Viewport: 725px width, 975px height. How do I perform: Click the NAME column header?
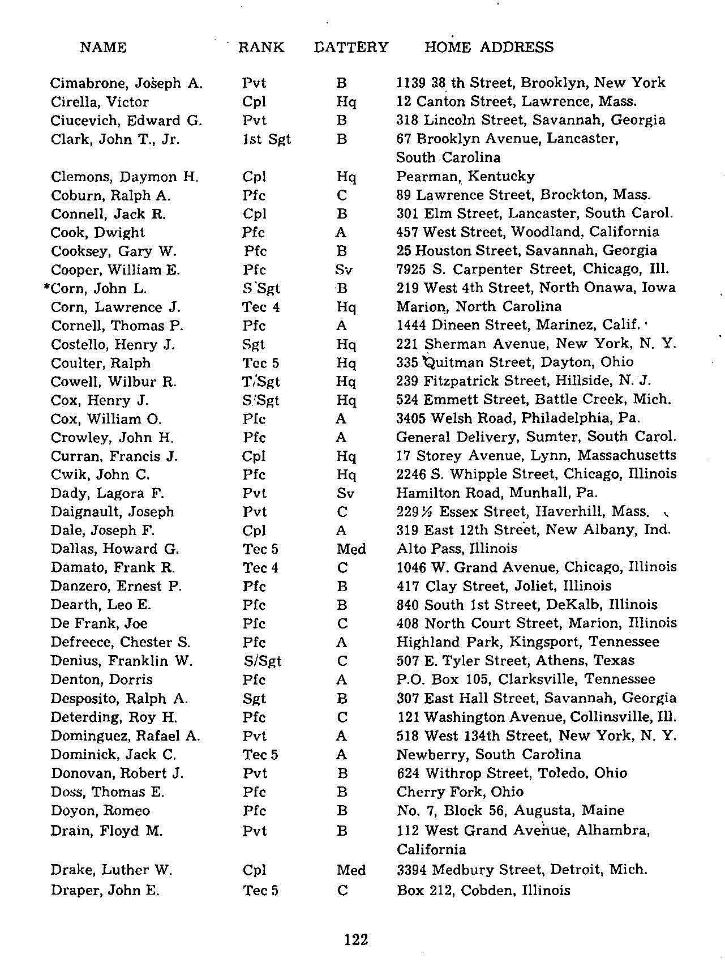103,47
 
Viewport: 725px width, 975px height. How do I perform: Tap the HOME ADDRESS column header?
488,47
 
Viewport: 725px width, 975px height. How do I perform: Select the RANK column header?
261,47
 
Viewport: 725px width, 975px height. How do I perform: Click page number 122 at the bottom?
356,939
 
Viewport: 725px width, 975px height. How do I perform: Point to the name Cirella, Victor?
100,102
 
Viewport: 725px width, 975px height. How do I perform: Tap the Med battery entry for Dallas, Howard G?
351,549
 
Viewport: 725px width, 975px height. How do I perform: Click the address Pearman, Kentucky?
465,177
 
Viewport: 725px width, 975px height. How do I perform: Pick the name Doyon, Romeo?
100,811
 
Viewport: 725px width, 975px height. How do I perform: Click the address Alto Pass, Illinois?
457,549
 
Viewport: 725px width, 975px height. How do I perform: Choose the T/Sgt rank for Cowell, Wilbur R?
261,382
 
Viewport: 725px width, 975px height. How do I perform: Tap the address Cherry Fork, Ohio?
460,792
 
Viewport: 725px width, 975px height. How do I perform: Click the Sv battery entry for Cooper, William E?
344,270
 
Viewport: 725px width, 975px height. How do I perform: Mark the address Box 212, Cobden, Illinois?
483,890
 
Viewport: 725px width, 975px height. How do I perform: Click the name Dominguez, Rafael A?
125,736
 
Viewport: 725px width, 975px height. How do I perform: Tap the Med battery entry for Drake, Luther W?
351,870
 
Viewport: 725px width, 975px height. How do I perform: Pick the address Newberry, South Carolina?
488,755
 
